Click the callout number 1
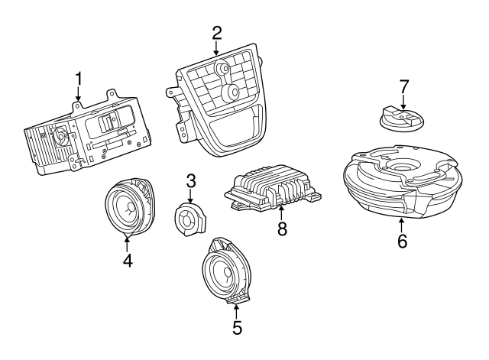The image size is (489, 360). pyautogui.click(x=77, y=79)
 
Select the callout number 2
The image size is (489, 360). pyautogui.click(x=217, y=33)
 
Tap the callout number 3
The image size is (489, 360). pyautogui.click(x=191, y=180)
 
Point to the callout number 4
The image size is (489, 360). pyautogui.click(x=128, y=261)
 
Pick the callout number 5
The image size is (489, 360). pyautogui.click(x=237, y=328)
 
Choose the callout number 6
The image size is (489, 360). pyautogui.click(x=403, y=242)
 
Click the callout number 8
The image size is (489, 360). pyautogui.click(x=282, y=229)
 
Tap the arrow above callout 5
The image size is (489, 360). pyautogui.click(x=237, y=310)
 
